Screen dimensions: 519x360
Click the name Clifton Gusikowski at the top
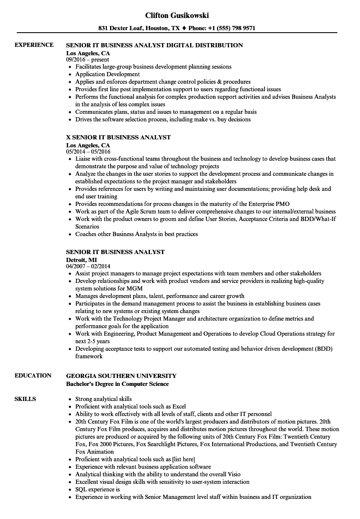click(177, 15)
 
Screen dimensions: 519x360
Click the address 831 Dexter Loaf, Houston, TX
click(139, 28)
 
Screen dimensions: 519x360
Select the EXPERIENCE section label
click(34, 45)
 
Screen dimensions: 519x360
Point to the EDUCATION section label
click(33, 376)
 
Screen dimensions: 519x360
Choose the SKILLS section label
click(25, 399)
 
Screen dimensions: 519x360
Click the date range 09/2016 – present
click(87, 60)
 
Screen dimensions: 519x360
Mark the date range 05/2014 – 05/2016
click(88, 152)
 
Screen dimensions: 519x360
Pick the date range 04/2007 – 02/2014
click(88, 266)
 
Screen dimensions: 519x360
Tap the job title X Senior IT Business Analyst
click(118, 137)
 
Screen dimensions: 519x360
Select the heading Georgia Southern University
click(121, 376)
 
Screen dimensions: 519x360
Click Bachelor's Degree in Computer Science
click(118, 384)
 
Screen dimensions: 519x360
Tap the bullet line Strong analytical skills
click(103, 399)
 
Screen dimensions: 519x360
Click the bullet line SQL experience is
click(98, 489)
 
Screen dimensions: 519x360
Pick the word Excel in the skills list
click(179, 406)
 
